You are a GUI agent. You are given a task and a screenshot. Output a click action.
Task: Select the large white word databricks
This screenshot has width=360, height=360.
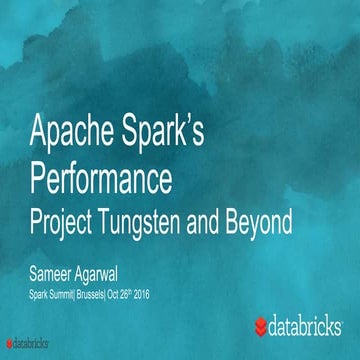[311, 326]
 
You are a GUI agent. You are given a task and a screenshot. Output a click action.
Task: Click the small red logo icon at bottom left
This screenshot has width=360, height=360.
[7, 353]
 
